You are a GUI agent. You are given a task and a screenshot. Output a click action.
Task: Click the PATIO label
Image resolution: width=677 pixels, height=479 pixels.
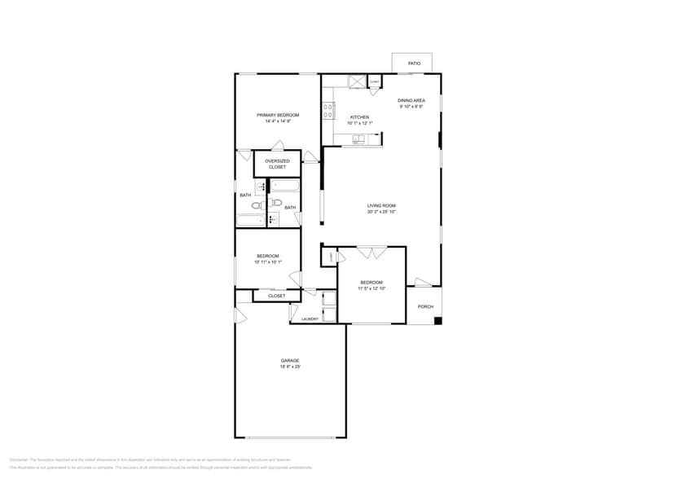[x=414, y=63]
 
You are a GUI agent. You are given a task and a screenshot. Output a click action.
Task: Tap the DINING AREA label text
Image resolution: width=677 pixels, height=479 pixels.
[x=411, y=100]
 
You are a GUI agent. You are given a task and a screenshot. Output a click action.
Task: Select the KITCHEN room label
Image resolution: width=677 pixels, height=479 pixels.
[x=359, y=117]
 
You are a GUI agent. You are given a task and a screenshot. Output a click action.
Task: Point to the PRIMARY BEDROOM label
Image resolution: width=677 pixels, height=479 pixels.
[x=278, y=115]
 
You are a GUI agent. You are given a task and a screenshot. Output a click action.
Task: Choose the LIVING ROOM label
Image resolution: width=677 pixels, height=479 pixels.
[x=381, y=205]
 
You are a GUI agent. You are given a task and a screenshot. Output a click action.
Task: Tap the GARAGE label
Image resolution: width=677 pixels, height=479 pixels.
[x=291, y=360]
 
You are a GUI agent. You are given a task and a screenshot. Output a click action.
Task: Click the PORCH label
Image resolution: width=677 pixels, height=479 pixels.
[x=425, y=306]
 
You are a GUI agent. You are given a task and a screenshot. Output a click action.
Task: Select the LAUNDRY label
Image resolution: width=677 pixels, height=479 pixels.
[x=310, y=319]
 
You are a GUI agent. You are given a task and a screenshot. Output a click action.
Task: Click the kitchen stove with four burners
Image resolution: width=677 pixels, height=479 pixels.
[x=328, y=110]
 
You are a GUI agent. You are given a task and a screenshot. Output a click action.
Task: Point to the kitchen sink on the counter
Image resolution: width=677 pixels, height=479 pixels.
[x=358, y=140]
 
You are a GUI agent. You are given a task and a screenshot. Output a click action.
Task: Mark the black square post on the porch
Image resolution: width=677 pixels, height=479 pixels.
[x=437, y=320]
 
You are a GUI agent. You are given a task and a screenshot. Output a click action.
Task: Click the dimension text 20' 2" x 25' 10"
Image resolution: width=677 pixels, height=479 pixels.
[x=381, y=212]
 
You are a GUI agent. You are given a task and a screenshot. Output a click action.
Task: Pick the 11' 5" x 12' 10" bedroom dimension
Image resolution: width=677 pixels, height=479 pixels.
[x=371, y=288]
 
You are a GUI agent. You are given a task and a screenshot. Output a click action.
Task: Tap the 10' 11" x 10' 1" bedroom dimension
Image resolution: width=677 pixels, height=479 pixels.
[x=267, y=262]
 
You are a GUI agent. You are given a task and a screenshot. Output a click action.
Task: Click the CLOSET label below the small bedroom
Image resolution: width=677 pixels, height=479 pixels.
[x=277, y=296]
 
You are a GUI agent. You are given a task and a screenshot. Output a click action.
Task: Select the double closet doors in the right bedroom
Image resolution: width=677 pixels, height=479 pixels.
[x=372, y=253]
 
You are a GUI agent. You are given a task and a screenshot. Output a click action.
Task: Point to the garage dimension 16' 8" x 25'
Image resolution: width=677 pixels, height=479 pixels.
[x=291, y=367]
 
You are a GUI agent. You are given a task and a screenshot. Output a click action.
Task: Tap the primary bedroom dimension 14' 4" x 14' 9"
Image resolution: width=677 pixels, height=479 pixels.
[x=278, y=121]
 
